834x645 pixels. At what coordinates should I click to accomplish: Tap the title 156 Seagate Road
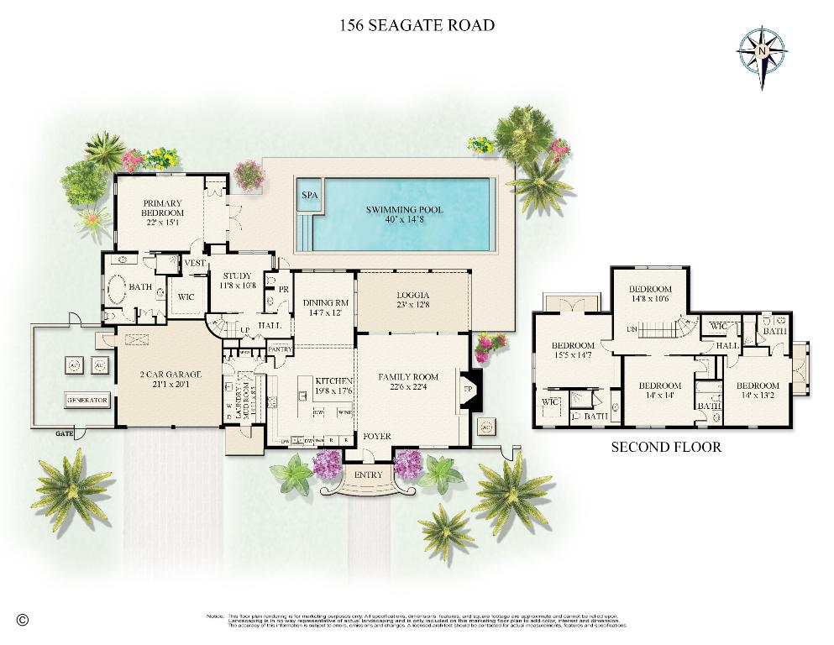pos(417,25)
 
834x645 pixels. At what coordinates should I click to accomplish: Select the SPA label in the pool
pos(310,195)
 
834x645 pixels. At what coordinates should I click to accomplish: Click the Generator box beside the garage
pos(87,401)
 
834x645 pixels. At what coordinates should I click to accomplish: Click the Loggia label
pos(412,296)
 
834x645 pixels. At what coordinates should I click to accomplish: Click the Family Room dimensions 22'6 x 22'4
pos(408,387)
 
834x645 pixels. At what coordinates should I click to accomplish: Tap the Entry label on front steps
pos(368,475)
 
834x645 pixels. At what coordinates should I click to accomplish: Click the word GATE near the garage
pos(62,434)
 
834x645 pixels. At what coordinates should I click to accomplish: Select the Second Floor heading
pos(665,447)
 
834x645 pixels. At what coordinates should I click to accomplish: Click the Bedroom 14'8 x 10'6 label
pos(651,293)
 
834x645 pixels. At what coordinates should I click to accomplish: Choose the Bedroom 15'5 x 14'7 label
pos(573,350)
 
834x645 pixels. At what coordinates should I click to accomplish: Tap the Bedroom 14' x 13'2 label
pos(758,391)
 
